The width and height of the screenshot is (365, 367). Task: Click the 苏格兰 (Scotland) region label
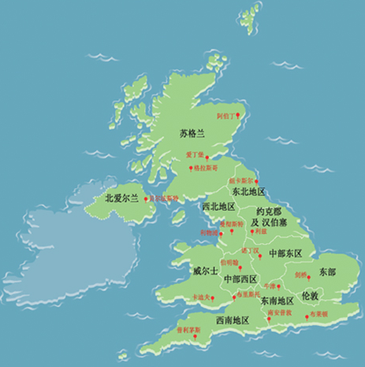pos(192,134)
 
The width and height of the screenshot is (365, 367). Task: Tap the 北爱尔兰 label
pos(121,198)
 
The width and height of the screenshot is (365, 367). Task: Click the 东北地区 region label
pos(248,191)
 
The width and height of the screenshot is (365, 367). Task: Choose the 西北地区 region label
pos(218,206)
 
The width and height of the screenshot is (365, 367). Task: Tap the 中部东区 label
pos(286,253)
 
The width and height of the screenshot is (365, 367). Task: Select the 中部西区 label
pos(240,279)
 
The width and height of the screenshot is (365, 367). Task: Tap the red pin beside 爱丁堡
pos(188,158)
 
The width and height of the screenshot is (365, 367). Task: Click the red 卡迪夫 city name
pos(200,298)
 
